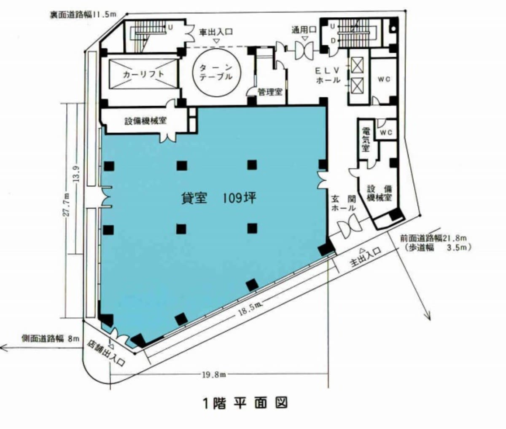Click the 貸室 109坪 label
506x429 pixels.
tap(218, 198)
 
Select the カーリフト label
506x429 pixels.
tap(143, 74)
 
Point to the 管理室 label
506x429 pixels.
tap(270, 92)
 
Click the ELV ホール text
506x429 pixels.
tap(328, 75)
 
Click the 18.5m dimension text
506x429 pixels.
tap(250, 310)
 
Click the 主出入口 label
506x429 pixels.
tap(365, 258)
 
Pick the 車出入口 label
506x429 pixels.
tap(215, 32)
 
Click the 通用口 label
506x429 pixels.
tap(304, 30)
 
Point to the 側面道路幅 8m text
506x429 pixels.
tap(51, 339)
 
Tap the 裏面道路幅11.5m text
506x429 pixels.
tap(83, 15)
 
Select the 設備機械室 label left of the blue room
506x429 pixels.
tap(145, 121)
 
